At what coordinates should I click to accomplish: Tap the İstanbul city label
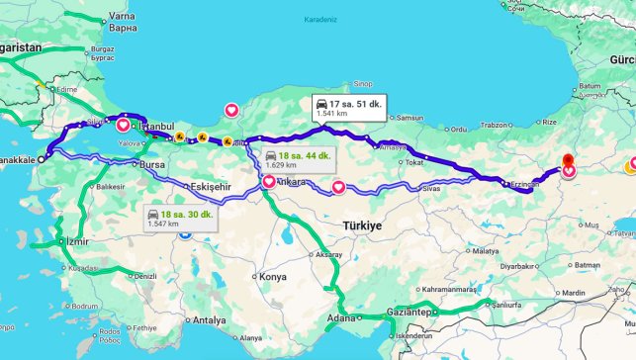[x=156, y=127]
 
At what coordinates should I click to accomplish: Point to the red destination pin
[x=568, y=163]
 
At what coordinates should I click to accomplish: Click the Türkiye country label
[x=362, y=226]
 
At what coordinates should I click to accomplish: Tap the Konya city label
[x=272, y=277]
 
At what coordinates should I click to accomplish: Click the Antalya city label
[x=210, y=320]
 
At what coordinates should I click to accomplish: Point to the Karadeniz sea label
[x=320, y=18]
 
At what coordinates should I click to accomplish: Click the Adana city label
[x=341, y=318]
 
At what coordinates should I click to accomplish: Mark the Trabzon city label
[x=493, y=126]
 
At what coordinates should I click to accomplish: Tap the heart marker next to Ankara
[x=269, y=182]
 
